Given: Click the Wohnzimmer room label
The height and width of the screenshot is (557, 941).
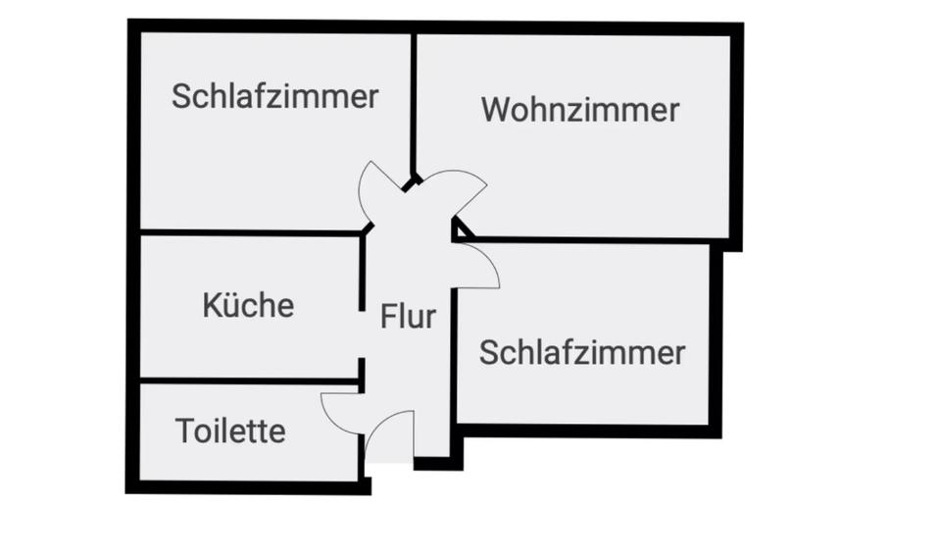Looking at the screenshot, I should coord(580,110).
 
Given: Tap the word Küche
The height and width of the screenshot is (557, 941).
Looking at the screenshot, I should coord(248,305).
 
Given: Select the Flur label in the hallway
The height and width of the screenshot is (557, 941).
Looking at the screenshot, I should coord(408,317).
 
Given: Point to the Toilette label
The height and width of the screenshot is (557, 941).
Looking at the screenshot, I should coord(230,430).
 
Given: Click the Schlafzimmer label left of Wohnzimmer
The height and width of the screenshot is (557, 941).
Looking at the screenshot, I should coord(274,96).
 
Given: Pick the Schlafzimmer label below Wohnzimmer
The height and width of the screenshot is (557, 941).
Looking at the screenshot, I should coord(581,352).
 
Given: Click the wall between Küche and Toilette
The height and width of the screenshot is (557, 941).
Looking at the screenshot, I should coord(249,380).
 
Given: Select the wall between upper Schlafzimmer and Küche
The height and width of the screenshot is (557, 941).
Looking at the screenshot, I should coord(249,232).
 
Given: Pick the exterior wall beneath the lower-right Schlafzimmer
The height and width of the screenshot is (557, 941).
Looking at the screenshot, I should coord(588,430).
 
